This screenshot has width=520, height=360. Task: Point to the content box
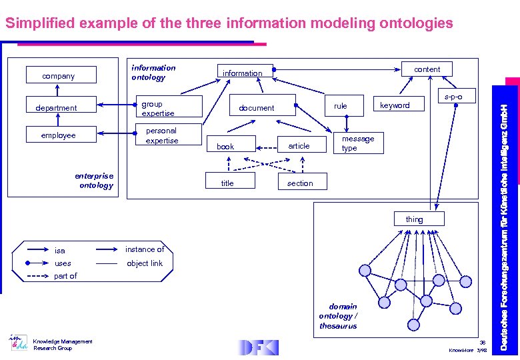[427, 69]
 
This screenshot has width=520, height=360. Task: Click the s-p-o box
[453, 97]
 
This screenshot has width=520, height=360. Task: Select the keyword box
[395, 105]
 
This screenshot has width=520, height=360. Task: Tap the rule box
[340, 105]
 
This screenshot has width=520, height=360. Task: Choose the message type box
[358, 143]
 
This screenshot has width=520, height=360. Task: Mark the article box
[299, 145]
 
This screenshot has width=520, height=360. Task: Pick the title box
[228, 183]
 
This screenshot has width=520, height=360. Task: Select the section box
[299, 183]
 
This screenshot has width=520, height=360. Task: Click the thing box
[414, 219]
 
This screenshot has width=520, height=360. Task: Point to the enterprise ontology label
[95, 181]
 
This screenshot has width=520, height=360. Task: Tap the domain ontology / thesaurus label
[337, 316]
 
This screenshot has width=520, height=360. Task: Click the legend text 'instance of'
[145, 249]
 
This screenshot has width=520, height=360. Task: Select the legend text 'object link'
[145, 263]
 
